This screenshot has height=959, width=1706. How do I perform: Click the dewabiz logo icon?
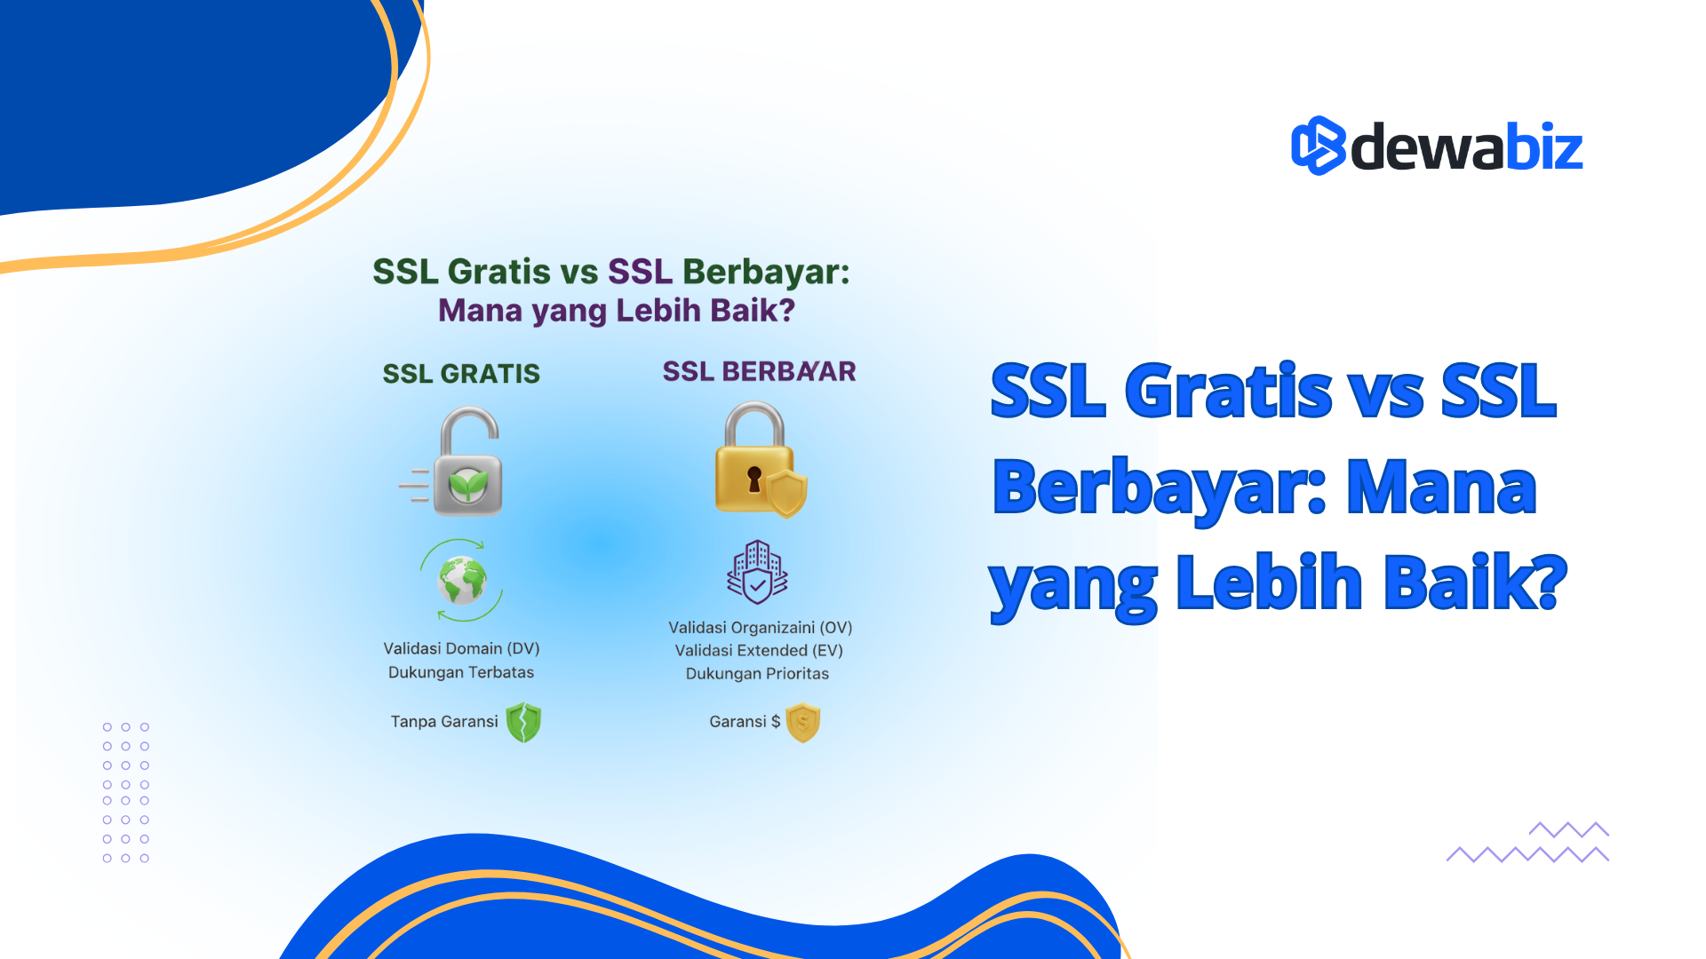coord(1318,146)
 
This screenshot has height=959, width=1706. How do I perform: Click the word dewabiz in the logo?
coord(1467,147)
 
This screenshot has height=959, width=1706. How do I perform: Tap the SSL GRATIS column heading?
coord(461,374)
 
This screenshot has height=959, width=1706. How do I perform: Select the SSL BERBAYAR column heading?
coord(759,371)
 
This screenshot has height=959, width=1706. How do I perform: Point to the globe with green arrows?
coord(462,581)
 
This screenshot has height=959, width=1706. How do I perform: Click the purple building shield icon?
coord(757,573)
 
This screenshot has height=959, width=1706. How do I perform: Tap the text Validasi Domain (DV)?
coord(461,648)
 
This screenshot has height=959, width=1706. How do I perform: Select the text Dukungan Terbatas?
coord(461,672)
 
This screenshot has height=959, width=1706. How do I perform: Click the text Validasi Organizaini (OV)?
coord(760,628)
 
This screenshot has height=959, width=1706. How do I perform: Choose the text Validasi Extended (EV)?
coord(759,651)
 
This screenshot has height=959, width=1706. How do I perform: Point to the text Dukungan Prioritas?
coord(757,674)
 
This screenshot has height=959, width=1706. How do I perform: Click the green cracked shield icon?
coord(523,722)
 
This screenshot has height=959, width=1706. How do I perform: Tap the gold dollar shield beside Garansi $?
coord(803,722)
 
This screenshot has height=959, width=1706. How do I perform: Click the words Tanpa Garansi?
coord(444,722)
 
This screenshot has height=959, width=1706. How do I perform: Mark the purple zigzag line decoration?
coord(1528,844)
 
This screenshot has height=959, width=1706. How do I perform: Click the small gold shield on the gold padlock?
coord(787,493)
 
